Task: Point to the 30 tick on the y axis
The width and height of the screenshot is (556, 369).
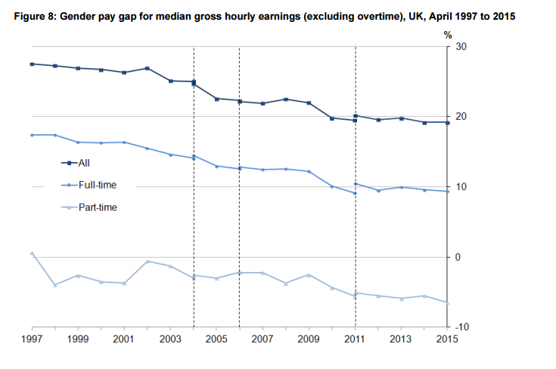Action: [x=458, y=46]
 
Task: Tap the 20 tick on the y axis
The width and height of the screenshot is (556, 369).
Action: [x=458, y=117]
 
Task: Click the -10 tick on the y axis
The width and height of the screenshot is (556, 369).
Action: [x=458, y=327]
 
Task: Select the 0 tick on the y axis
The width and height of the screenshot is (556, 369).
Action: [x=457, y=257]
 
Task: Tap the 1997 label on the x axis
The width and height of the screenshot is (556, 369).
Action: [x=33, y=339]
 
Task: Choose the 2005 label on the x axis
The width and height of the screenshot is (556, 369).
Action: [x=216, y=339]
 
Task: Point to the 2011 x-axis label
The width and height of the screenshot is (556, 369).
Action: [x=355, y=339]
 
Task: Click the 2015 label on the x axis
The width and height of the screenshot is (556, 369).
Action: [x=446, y=339]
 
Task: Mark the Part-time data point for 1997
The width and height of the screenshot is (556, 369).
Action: [x=32, y=252]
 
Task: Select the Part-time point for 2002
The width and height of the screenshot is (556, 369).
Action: [x=147, y=261]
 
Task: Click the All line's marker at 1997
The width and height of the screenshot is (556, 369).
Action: [x=32, y=64]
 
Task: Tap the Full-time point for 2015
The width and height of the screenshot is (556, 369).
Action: [x=447, y=192]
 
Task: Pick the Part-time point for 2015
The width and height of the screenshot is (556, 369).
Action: [x=447, y=303]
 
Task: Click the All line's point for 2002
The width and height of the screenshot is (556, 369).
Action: [x=147, y=68]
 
